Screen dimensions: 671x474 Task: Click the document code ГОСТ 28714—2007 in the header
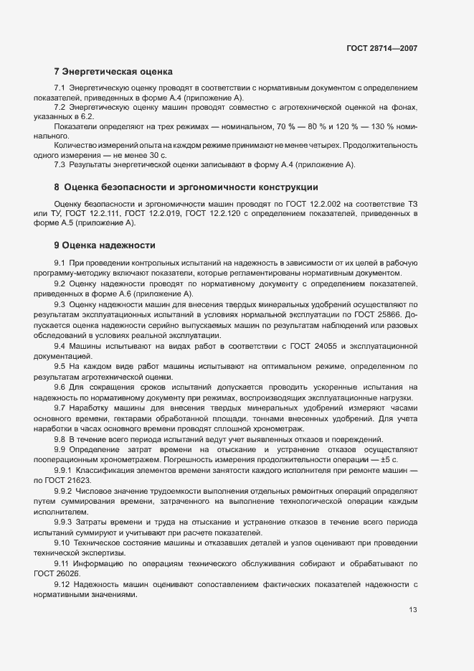(x=381, y=49)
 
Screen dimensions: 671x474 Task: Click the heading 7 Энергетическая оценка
(x=113, y=72)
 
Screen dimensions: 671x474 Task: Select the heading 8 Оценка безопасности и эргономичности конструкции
(x=186, y=187)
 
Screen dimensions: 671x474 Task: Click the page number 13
(x=412, y=610)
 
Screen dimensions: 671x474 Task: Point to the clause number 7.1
(x=60, y=88)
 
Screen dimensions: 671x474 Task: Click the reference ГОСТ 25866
(x=381, y=315)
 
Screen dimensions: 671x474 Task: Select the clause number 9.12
(x=62, y=586)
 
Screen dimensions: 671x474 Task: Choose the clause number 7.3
(x=60, y=165)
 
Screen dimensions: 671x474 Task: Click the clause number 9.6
(x=60, y=388)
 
